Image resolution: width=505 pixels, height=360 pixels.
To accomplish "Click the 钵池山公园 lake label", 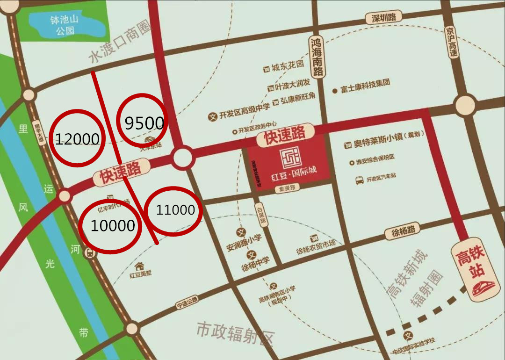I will click(65, 25).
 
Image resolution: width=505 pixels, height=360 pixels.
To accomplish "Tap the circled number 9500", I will click(144, 123).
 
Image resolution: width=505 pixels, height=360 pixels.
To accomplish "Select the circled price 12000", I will click(77, 138).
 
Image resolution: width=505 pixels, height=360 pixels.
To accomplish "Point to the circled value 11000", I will click(175, 210).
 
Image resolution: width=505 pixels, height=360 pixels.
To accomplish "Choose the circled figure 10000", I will click(113, 226).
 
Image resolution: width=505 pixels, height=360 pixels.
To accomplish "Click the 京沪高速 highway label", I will click(451, 42).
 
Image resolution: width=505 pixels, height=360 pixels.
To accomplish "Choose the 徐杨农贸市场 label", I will click(316, 250).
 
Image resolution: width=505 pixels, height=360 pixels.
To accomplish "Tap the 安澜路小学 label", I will click(244, 243).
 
